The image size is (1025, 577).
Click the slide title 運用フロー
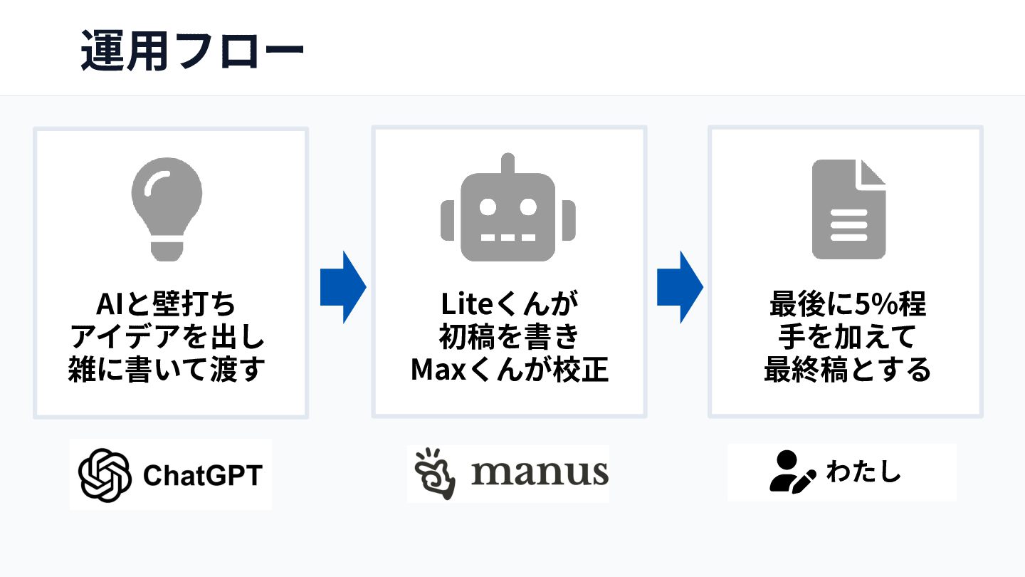[192, 51]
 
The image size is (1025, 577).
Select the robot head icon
[508, 207]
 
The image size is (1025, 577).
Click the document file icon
[848, 209]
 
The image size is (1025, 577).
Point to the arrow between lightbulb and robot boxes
[343, 287]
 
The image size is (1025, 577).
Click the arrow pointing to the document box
[680, 287]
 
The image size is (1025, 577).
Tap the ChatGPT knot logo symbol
[105, 475]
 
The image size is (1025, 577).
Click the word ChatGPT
[203, 475]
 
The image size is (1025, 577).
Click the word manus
[540, 473]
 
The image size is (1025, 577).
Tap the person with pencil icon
[792, 472]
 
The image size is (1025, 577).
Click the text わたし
[863, 472]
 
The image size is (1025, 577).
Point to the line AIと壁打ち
[166, 303]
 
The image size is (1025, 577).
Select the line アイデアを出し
[167, 336]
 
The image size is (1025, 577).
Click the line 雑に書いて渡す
[167, 370]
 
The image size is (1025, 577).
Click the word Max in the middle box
[438, 370]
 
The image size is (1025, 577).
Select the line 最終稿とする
[848, 370]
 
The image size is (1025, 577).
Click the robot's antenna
[508, 164]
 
